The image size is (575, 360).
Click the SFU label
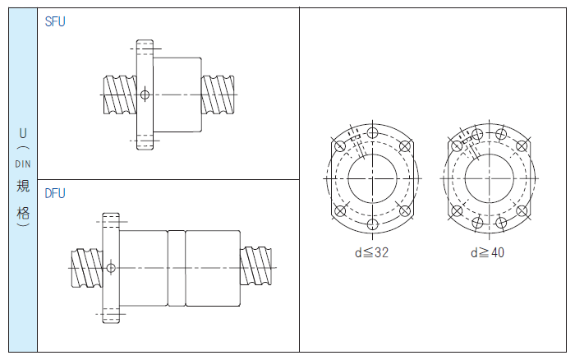click(x=55, y=21)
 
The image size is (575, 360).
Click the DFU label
click(x=55, y=193)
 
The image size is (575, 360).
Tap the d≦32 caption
click(x=371, y=252)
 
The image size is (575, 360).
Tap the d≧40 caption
click(x=487, y=252)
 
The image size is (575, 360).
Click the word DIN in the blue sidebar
click(x=23, y=164)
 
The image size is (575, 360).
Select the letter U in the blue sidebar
click(x=23, y=133)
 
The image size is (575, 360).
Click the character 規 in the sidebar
click(x=23, y=186)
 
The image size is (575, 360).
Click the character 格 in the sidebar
click(x=23, y=213)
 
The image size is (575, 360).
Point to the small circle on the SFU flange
click(x=145, y=95)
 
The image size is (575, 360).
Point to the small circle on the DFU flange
click(x=111, y=268)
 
